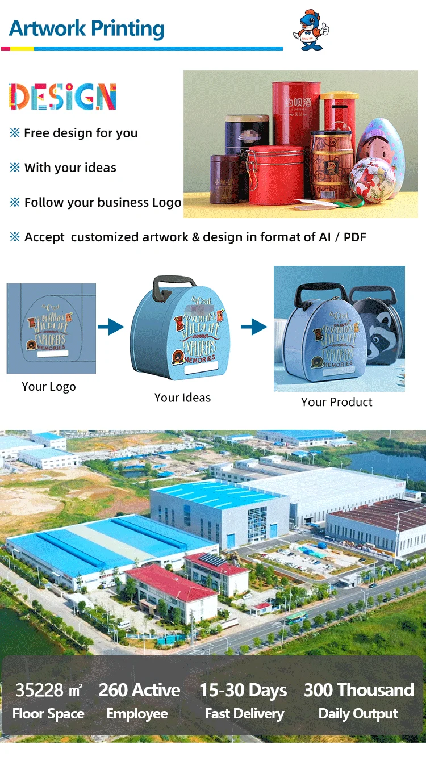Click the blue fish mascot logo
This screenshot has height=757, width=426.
310,30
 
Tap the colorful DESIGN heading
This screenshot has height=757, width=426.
62,97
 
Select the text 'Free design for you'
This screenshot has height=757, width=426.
81,133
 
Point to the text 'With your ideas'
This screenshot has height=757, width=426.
70,168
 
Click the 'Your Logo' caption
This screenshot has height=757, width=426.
49,387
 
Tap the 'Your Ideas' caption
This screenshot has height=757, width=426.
182,398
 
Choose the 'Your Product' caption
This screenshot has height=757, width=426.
336,402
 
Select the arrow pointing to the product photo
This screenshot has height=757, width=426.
253,327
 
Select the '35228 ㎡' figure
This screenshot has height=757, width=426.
49,690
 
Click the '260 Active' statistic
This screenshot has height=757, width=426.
139,690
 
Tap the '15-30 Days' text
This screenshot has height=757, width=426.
243,691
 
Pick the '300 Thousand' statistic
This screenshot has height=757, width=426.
358,690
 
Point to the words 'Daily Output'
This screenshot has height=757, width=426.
358,714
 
